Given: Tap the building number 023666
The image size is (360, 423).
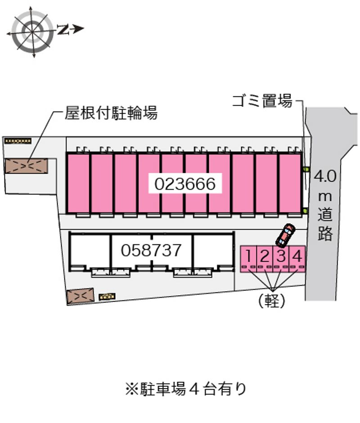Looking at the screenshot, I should click(186, 184).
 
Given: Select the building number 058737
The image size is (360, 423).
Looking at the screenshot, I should click(152, 250).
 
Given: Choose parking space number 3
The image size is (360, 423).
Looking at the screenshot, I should click(281, 256).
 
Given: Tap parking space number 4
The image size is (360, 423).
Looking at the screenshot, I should click(297, 256).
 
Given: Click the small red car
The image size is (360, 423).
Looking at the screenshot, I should click(285, 236).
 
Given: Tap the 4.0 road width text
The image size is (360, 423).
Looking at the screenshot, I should click(325, 176).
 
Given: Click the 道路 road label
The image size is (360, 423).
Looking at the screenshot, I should click(325, 225).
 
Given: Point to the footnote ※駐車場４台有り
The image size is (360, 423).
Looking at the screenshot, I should click(186, 388).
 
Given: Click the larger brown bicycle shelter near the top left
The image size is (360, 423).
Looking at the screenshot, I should click(27, 166).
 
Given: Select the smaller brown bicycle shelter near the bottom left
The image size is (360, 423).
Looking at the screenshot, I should click(80, 295).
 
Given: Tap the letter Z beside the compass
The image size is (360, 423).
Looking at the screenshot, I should click(63, 30).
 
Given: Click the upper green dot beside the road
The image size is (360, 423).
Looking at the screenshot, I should click(306, 169).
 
